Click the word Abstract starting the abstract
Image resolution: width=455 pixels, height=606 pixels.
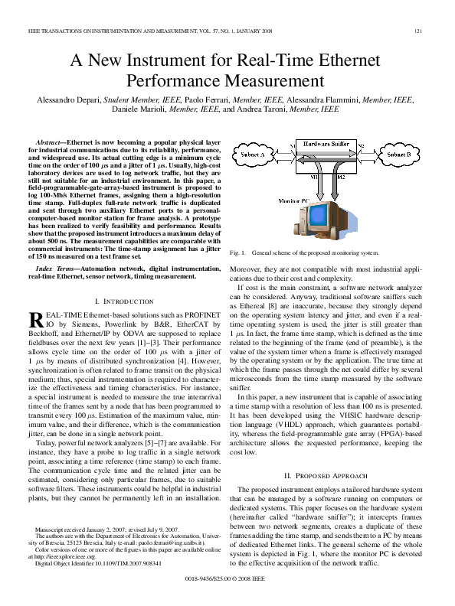pyautogui.click(x=51, y=143)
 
